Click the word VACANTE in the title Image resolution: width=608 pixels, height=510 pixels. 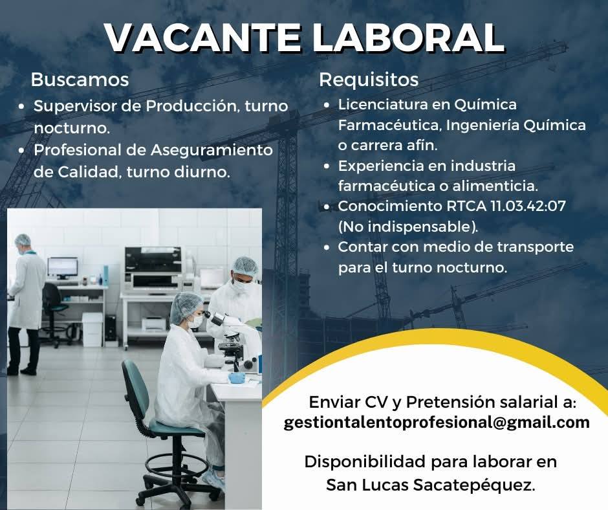coord(202,38)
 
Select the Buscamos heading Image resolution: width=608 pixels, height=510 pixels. coord(80,80)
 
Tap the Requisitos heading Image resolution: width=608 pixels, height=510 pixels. coord(369,80)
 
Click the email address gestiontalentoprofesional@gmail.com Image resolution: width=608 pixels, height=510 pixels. coord(437,423)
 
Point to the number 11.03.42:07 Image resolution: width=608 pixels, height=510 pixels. coord(528,206)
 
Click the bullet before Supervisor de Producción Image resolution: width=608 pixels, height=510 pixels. coord(22,106)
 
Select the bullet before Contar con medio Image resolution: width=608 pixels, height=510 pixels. coord(327,247)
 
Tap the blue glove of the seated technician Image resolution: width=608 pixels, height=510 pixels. coord(237,378)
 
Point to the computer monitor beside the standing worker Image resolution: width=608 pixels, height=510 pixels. coord(63,268)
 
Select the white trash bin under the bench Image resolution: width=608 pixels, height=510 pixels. coord(92,329)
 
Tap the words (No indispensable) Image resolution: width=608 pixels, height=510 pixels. coord(408,227)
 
